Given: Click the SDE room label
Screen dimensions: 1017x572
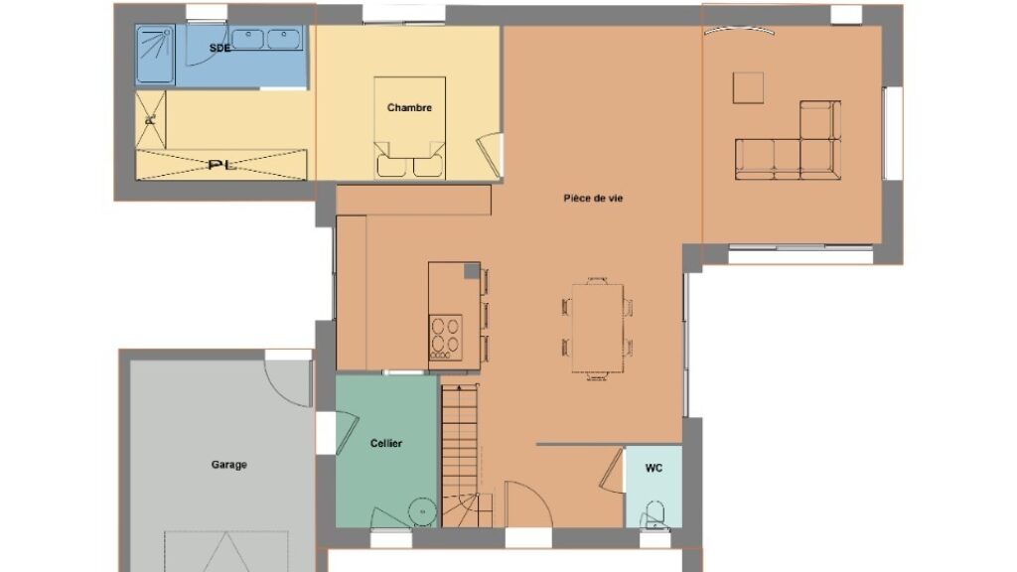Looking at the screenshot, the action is [x=219, y=48].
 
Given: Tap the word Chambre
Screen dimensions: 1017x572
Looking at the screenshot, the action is [x=409, y=107].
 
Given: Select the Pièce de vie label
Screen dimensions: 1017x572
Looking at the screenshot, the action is [x=593, y=199].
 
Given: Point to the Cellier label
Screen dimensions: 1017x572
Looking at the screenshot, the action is [x=386, y=444].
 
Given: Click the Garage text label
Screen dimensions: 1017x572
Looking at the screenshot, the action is [x=229, y=465].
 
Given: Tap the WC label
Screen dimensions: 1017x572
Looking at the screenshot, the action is [x=654, y=468].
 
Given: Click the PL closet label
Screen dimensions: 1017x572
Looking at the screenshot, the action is [x=221, y=166].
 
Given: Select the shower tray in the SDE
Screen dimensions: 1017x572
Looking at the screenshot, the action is [x=155, y=55].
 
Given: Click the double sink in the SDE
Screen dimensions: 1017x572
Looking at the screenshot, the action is [x=266, y=39].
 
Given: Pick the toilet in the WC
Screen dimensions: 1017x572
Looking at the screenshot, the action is [x=654, y=514].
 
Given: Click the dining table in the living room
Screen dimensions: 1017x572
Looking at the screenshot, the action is [x=597, y=328].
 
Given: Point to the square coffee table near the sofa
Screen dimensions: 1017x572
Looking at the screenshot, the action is [x=749, y=87].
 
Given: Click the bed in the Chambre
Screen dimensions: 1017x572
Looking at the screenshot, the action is [x=409, y=128].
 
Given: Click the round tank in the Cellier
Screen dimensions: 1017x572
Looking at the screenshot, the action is [x=423, y=511].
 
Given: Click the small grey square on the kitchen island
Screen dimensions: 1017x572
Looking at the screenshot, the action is [x=472, y=271].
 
